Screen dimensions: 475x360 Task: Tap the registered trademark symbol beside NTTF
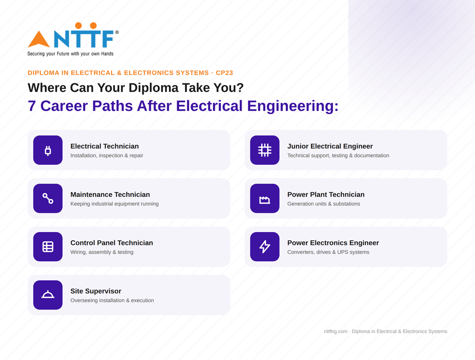(x=117, y=32)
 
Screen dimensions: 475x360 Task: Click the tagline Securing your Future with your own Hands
(x=71, y=54)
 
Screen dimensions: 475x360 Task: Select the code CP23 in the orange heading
(x=225, y=73)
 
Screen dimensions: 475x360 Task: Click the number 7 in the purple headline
(x=32, y=106)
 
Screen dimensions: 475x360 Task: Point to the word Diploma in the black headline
(x=154, y=88)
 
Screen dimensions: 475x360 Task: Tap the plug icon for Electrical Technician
(x=48, y=150)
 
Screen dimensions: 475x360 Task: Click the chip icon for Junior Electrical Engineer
(x=265, y=150)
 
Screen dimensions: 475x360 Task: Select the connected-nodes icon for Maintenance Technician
(x=48, y=199)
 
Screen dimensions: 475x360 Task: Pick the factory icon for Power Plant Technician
(x=265, y=199)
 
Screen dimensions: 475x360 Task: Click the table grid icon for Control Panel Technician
(x=48, y=247)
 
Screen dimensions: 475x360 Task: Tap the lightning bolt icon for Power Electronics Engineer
(x=265, y=247)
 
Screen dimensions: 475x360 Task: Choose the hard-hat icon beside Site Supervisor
(x=48, y=295)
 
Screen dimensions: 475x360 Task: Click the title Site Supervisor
(x=96, y=291)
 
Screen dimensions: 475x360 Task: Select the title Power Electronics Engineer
(x=333, y=243)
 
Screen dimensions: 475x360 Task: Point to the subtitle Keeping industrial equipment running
(x=115, y=204)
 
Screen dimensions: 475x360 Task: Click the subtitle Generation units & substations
(x=323, y=204)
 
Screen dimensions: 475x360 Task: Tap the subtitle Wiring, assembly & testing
(x=102, y=252)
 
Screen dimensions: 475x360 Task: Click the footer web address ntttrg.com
(x=336, y=332)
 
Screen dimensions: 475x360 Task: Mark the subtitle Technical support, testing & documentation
(x=338, y=155)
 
